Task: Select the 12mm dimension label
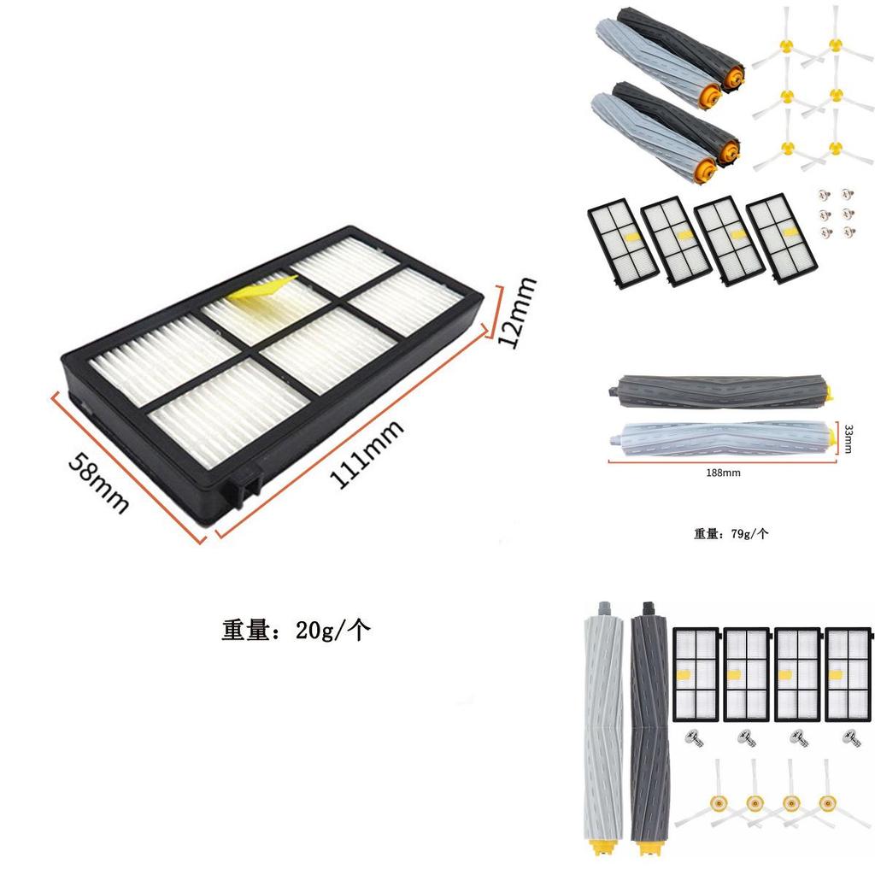pyautogui.click(x=517, y=313)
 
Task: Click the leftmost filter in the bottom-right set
pyautogui.click(x=696, y=676)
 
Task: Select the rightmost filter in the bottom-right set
pyautogui.click(x=847, y=676)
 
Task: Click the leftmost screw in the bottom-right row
pyautogui.click(x=693, y=737)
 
